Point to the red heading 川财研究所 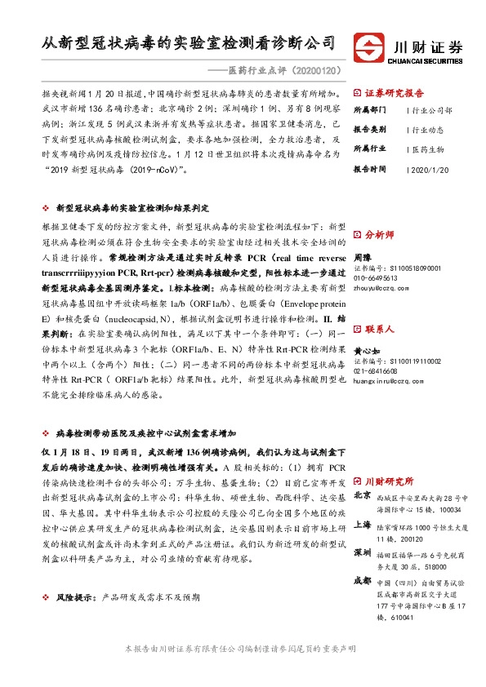390,481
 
